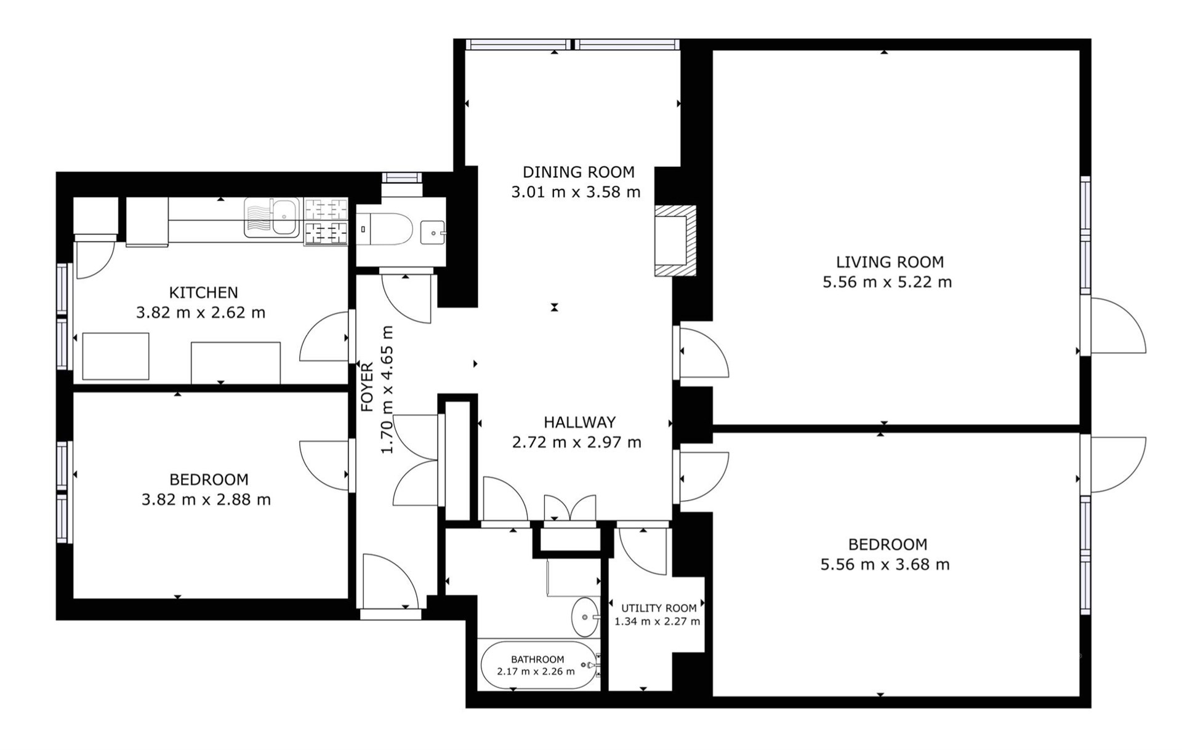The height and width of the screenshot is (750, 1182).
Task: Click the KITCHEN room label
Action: coord(203,292)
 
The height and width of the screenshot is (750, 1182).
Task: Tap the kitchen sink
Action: coord(271,217)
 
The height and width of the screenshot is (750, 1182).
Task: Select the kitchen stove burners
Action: coord(326,221)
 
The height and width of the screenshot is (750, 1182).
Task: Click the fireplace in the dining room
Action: coord(675,241)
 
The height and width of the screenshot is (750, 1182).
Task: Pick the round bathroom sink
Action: coord(585,617)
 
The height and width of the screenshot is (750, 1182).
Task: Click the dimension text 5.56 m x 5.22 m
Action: coord(887,282)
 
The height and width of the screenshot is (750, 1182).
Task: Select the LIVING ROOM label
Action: coord(890,262)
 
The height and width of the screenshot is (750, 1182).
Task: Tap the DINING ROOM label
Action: coord(578,172)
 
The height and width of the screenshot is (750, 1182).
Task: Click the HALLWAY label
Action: coord(579,422)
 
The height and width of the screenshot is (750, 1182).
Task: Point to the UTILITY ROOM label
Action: coord(659,608)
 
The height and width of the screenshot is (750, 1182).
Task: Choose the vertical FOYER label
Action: coord(367,387)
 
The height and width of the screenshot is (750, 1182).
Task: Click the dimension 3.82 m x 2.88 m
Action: coord(206,500)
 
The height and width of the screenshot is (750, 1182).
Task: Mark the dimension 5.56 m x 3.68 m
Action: coord(885,564)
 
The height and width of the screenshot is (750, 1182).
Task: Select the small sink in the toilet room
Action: coord(433,233)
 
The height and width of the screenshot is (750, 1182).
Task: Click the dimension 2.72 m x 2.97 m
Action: coord(577,442)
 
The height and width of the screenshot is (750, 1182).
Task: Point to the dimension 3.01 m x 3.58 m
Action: coord(576,192)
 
